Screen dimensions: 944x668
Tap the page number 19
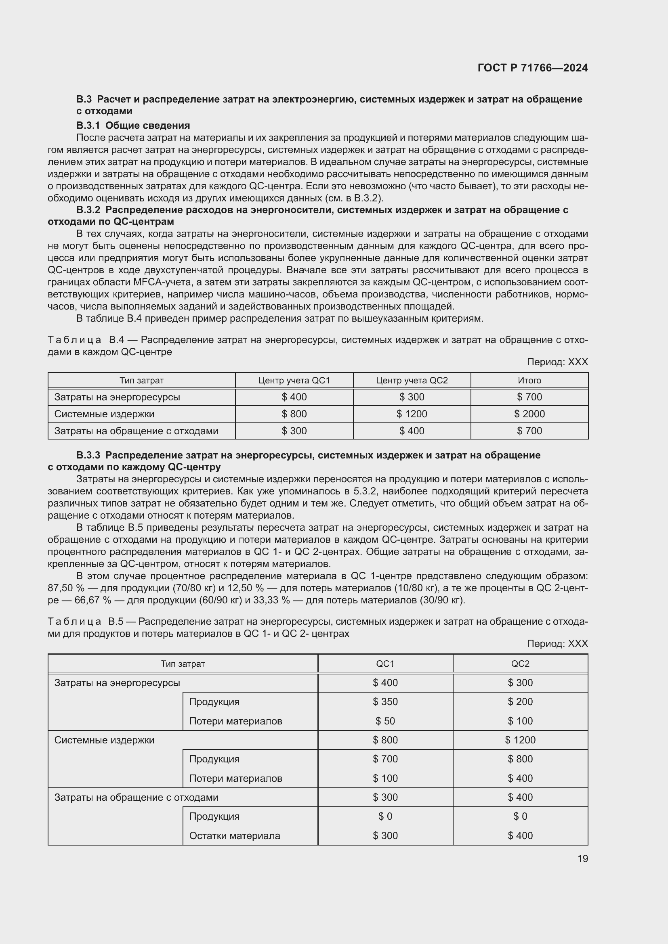coord(582,858)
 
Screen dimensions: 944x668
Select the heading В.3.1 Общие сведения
coord(133,125)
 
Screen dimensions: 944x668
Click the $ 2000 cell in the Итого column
coord(529,414)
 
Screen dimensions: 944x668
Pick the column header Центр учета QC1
coord(294,380)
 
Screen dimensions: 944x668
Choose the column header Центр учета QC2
coord(412,380)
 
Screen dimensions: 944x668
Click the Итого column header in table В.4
coord(529,380)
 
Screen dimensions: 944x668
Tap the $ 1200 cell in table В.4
coord(412,414)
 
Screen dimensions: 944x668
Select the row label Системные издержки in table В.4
coord(104,414)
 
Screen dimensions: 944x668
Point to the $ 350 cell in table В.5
coord(385,701)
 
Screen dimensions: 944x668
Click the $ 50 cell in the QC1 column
coord(385,721)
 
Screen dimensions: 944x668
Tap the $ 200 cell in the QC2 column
coord(520,701)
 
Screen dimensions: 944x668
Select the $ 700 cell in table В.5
coord(385,759)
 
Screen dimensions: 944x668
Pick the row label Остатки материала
coord(235,835)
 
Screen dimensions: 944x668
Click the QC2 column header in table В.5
coord(520,664)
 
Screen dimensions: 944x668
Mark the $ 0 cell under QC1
coord(385,816)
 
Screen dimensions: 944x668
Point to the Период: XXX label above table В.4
coord(557,362)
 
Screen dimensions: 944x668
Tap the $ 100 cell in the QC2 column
coord(520,721)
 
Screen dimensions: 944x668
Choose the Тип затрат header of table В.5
coord(183,664)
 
